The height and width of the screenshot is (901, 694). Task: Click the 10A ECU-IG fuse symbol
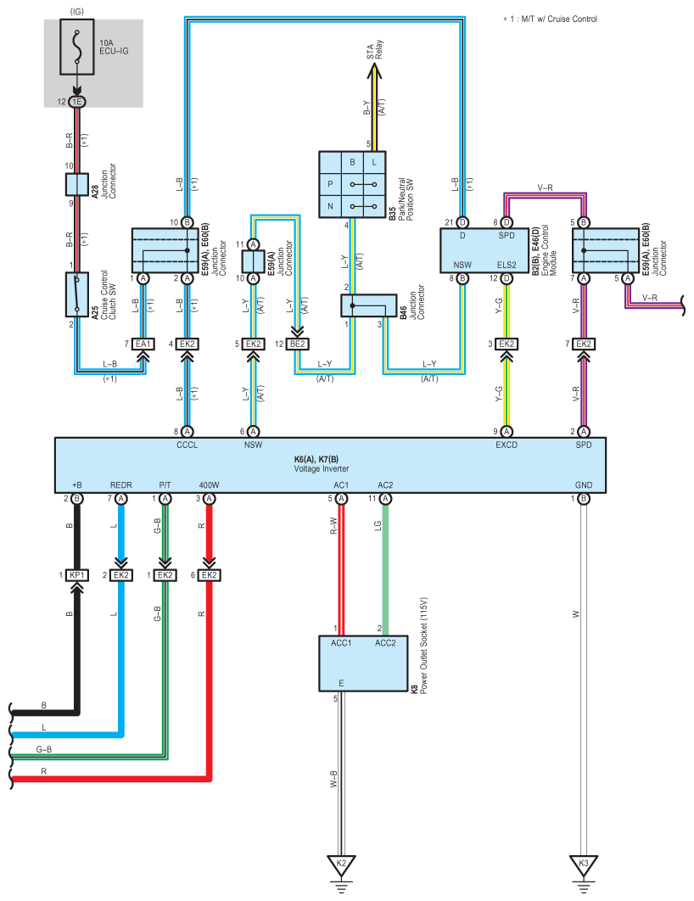[x=77, y=48]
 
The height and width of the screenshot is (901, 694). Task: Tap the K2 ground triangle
[x=341, y=865]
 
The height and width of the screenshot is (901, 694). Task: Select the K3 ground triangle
[x=584, y=865]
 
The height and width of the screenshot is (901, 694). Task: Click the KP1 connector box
[x=77, y=574]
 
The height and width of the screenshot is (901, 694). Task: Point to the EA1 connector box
[x=143, y=344]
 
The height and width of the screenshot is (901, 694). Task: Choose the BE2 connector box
[x=298, y=344]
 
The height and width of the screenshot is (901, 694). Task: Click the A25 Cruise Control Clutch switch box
[x=77, y=294]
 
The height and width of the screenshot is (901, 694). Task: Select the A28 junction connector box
[x=77, y=184]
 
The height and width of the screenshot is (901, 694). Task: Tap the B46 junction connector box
[x=369, y=305]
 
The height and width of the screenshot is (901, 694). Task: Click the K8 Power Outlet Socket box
[x=363, y=663]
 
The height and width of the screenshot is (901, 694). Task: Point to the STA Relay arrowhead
[x=375, y=70]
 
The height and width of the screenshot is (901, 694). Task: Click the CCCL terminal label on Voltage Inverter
[x=187, y=445]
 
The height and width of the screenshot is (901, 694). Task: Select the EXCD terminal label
[x=507, y=445]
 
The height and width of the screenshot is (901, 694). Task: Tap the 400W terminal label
[x=209, y=485]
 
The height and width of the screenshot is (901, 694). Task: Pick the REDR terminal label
[x=120, y=485]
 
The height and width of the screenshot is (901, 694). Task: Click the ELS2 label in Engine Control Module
[x=507, y=265]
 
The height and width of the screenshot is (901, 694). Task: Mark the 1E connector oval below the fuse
[x=77, y=102]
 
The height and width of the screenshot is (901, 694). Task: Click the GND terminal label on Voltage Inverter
[x=584, y=485]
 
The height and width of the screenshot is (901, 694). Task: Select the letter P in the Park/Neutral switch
[x=330, y=184]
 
